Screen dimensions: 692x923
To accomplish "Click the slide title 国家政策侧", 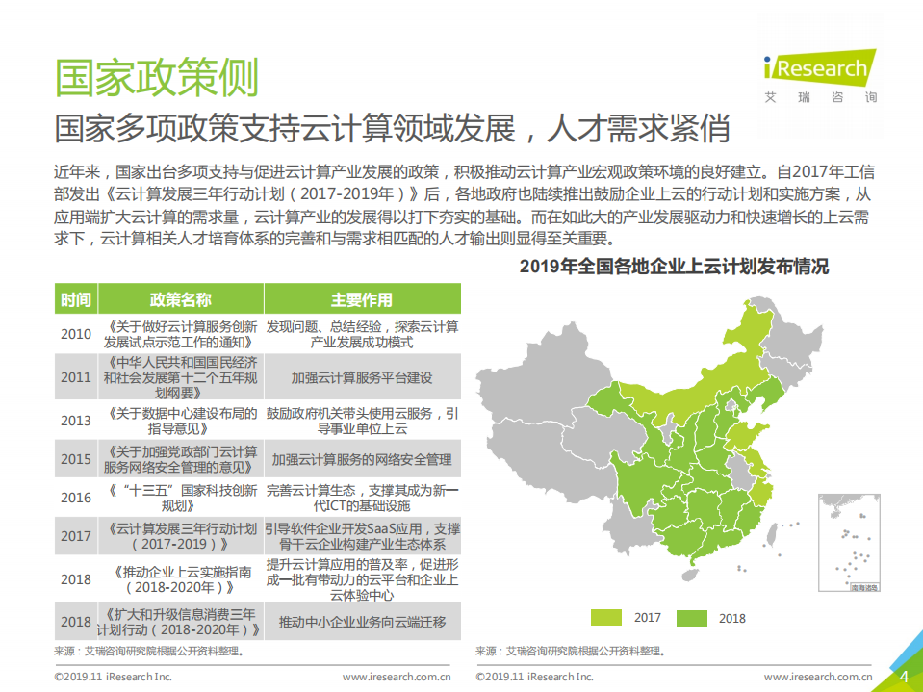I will (156, 77).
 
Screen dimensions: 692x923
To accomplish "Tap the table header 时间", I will (76, 299).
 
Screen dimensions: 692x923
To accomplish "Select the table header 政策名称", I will (180, 299).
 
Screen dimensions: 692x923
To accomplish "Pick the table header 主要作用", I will (362, 299).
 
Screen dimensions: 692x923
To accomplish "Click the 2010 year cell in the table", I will (76, 334).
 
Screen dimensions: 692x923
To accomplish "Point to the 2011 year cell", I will (76, 377).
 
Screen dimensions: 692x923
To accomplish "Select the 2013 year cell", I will (76, 421).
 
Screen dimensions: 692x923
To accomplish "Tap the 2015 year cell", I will (76, 459).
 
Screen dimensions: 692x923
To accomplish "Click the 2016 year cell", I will (76, 498).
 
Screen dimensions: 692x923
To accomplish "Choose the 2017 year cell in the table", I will (76, 536).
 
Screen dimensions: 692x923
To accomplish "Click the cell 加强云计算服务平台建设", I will (362, 377).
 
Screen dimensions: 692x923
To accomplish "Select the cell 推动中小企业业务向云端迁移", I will (362, 622).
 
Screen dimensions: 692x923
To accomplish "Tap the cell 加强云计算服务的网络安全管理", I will (362, 459).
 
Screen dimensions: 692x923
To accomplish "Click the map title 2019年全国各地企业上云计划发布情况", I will (674, 267).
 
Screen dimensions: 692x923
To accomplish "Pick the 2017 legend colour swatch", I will (606, 618).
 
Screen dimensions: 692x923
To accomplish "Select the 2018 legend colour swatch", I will (691, 618).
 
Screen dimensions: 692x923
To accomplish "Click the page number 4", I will (904, 676).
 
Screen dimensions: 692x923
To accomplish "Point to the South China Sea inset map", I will (850, 543).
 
